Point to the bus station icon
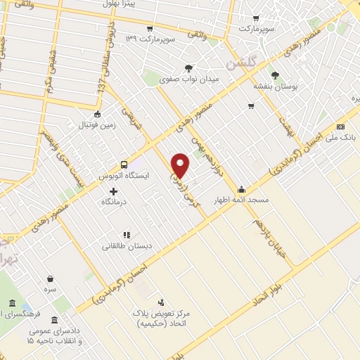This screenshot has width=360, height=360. click(x=124, y=159)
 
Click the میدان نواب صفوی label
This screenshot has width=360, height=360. click(x=189, y=79)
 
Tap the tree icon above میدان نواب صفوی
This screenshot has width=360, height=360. click(x=188, y=68)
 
